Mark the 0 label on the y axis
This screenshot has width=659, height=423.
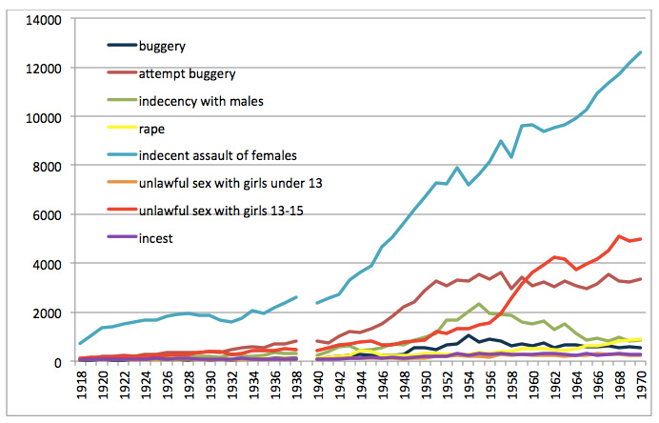pos(57,362)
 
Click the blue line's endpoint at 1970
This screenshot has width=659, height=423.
pos(640,52)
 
